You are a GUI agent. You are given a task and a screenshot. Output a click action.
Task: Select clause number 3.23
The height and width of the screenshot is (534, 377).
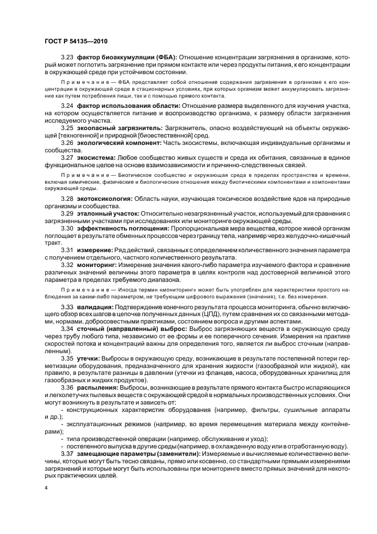pyautogui.click(x=68, y=58)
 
